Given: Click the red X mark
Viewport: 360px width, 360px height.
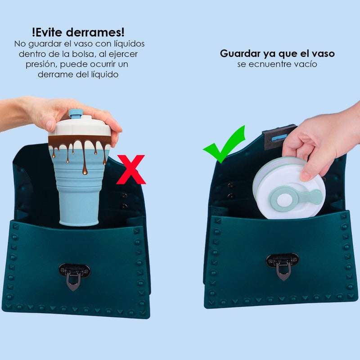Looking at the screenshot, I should tap(131, 170).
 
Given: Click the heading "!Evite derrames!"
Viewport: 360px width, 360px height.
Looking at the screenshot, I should tap(78, 32).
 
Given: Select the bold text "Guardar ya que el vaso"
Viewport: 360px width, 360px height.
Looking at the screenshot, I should tap(277, 54).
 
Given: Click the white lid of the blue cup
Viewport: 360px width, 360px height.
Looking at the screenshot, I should tap(80, 128).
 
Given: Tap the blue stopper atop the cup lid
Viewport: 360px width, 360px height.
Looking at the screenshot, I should tap(76, 113).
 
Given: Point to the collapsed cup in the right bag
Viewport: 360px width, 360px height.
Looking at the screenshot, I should tap(288, 189).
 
